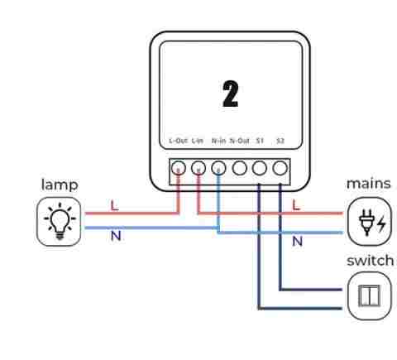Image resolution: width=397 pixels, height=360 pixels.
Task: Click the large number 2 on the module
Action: (231, 94)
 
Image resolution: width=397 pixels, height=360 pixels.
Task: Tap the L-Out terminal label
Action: (178, 141)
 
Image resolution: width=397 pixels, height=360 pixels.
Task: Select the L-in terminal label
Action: (198, 141)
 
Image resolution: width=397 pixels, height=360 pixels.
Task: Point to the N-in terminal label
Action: (218, 141)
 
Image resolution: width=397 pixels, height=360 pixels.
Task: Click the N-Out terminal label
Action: (240, 141)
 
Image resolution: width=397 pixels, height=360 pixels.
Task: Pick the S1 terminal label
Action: (260, 141)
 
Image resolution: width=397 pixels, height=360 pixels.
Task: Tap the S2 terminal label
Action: (280, 141)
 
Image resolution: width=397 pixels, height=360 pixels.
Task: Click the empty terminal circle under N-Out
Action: (239, 168)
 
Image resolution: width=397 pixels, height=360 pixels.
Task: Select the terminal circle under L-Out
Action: (178, 168)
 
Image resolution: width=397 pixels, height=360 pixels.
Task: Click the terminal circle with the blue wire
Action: (218, 168)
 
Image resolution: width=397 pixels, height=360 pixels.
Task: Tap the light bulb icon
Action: (60, 221)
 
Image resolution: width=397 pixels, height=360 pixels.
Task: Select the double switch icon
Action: (369, 295)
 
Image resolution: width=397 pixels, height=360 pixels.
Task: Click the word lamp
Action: (60, 185)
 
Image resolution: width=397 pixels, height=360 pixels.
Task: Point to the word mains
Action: (369, 184)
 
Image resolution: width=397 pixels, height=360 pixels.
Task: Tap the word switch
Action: (370, 261)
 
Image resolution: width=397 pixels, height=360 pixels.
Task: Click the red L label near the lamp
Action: (114, 206)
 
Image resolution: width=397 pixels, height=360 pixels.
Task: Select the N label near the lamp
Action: (116, 236)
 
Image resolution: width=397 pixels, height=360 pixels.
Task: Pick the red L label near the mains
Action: (296, 205)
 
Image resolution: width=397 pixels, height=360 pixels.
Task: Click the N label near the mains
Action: (297, 242)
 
